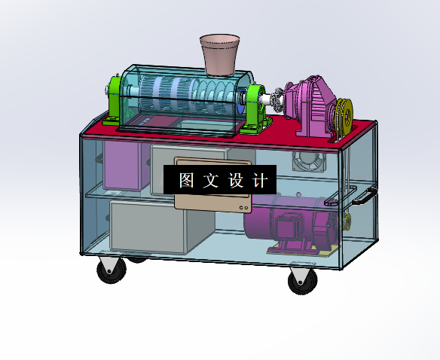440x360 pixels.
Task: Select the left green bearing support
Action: [114, 99]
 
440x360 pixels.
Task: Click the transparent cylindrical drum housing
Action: [181, 98]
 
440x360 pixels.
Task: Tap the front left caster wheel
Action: [111, 270]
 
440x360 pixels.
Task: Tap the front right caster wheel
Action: [302, 282]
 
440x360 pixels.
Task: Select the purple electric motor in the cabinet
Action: [301, 222]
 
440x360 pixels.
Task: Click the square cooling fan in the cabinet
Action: [307, 160]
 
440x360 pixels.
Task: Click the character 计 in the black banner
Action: [259, 181]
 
